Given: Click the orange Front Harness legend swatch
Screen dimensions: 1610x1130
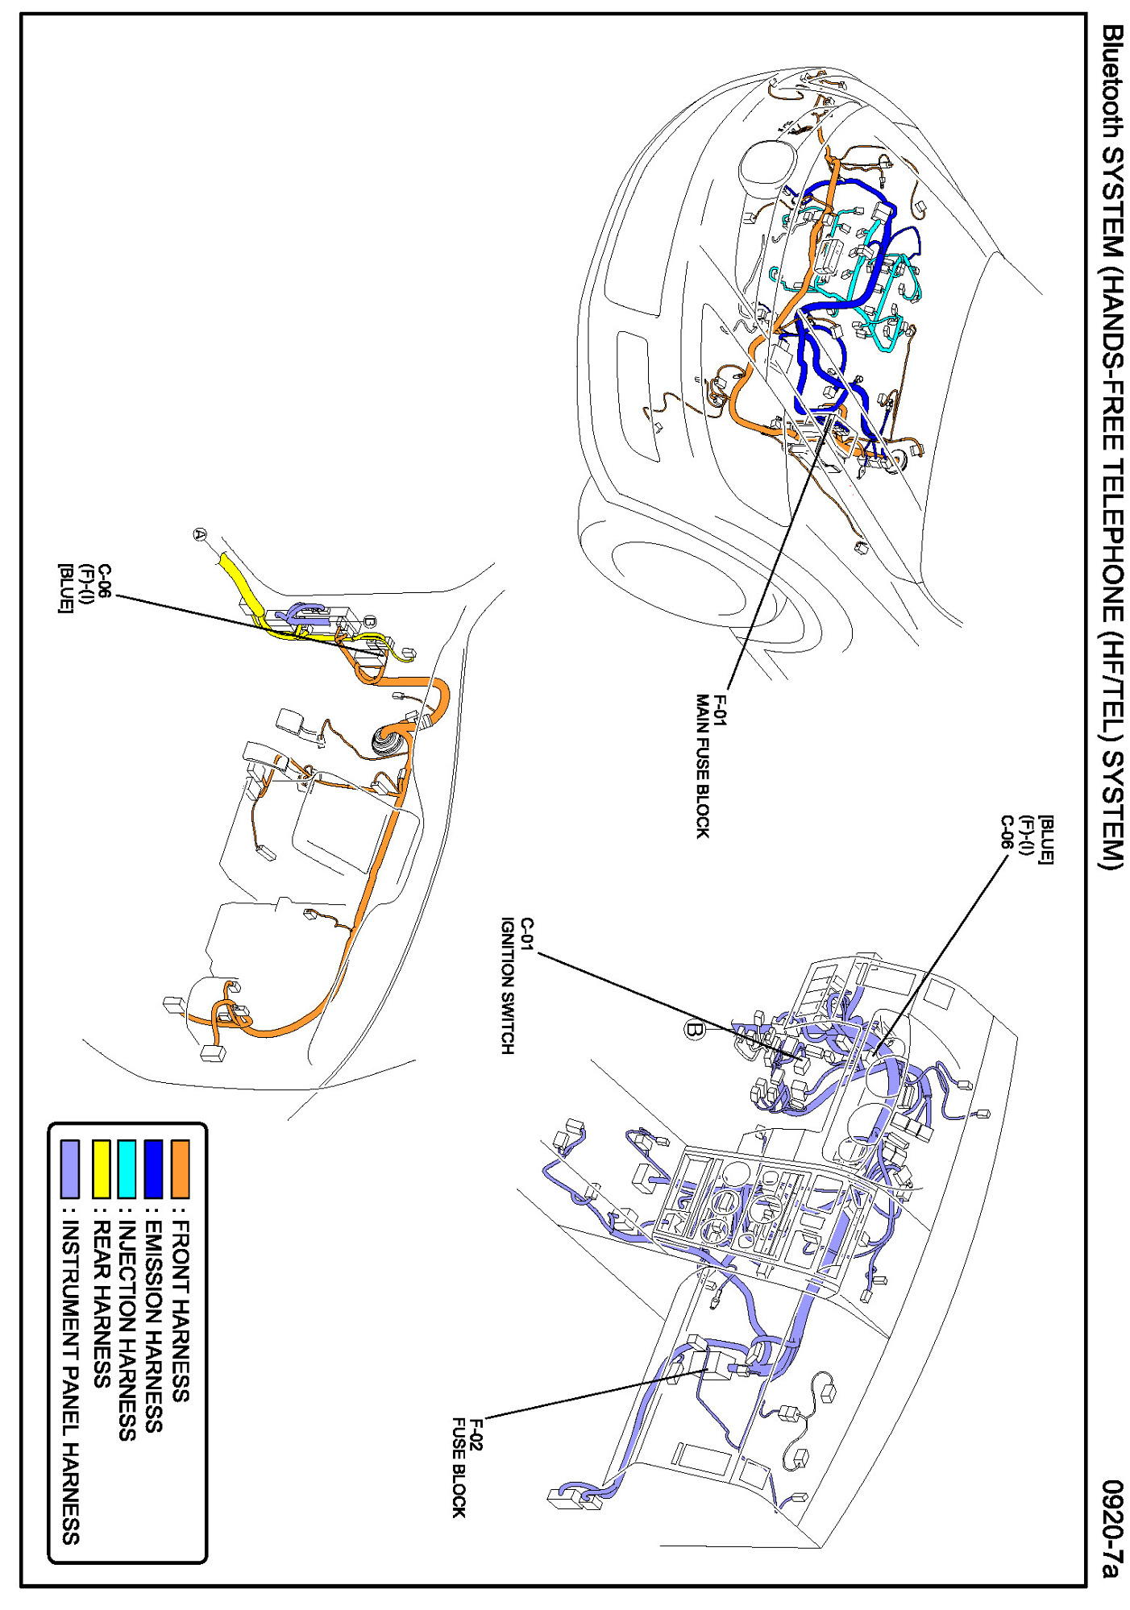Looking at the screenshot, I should (x=181, y=1168).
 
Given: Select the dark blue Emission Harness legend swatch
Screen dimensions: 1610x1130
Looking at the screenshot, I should (x=154, y=1168).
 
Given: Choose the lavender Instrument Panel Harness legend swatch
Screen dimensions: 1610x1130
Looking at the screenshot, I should (x=71, y=1168).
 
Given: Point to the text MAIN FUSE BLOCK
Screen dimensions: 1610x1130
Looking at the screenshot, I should (x=703, y=766).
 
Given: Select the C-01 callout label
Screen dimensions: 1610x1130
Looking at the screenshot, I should (x=526, y=935).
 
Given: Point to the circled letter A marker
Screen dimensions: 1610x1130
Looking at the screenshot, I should (x=200, y=533).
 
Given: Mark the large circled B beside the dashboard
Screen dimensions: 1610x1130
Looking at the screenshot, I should (x=694, y=1030).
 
